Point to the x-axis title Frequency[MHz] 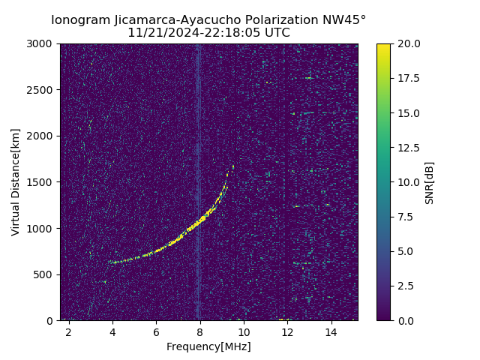tap(208, 346)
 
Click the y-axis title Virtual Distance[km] tap(16, 181)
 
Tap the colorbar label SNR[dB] tap(430, 182)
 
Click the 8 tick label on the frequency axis tap(200, 332)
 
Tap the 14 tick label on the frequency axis tap(331, 332)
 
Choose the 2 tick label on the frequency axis tap(69, 332)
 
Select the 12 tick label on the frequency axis tap(287, 332)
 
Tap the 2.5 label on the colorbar tap(405, 286)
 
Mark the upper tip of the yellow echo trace tap(232, 166)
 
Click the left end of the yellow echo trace tap(111, 262)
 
